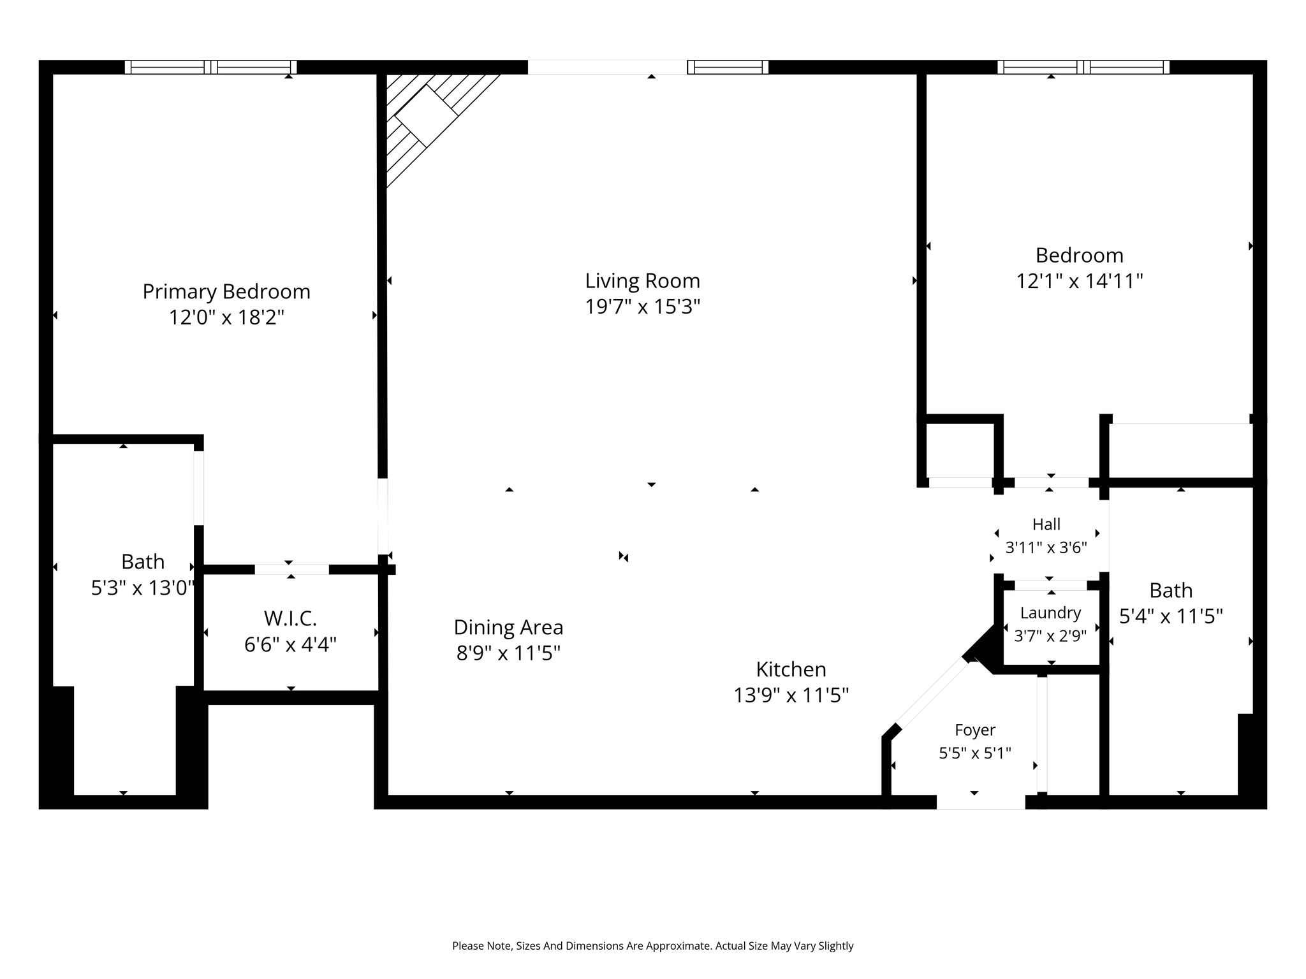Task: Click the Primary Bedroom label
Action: tap(226, 292)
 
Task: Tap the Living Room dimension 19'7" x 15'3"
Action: tap(643, 307)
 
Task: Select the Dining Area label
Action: tap(508, 628)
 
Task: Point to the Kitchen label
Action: tap(791, 669)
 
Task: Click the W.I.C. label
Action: tap(290, 618)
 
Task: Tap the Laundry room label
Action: tap(1050, 613)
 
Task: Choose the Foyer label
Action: tap(975, 730)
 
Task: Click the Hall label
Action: tap(1046, 525)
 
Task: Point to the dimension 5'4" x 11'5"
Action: tap(1171, 616)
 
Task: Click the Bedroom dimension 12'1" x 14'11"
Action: tap(1079, 281)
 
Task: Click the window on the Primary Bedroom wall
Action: tap(210, 67)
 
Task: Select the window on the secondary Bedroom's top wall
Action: tap(1083, 67)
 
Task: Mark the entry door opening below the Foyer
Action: tap(981, 802)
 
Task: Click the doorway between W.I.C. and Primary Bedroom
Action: tap(292, 569)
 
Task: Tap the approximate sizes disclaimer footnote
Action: tap(653, 946)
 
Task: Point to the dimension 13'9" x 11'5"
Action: tap(791, 695)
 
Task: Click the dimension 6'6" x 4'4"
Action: tap(290, 644)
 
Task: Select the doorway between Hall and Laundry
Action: tap(1051, 585)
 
